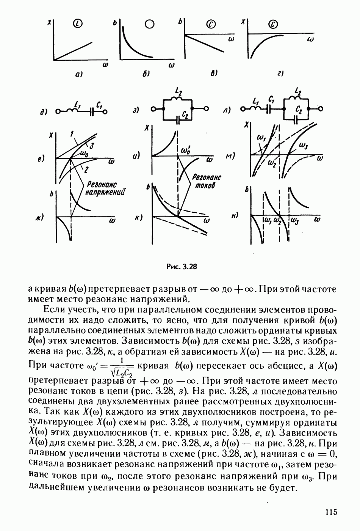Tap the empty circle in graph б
point(150,24)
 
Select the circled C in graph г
point(273,25)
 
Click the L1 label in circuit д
point(78,104)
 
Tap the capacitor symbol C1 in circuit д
point(92,112)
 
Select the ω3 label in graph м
point(303,146)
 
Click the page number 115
point(330,512)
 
